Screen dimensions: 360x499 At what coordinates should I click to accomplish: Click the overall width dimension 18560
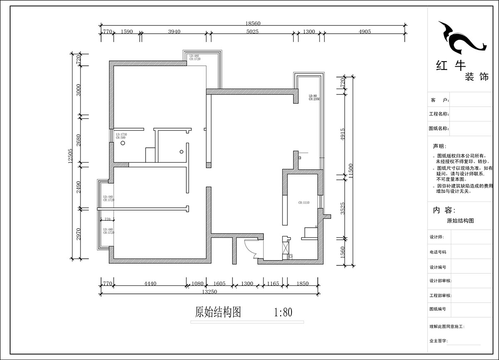pyautogui.click(x=253, y=24)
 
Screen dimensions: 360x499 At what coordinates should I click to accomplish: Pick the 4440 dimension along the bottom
pyautogui.click(x=150, y=284)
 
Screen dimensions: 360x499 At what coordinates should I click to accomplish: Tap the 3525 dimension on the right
pyautogui.click(x=343, y=208)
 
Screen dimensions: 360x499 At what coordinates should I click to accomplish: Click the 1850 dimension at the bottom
pyautogui.click(x=303, y=284)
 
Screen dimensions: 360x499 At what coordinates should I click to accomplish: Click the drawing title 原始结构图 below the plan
pyautogui.click(x=218, y=312)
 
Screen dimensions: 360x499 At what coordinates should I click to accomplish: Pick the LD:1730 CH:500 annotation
pyautogui.click(x=121, y=136)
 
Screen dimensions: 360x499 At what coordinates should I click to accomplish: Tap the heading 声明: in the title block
pyautogui.click(x=439, y=146)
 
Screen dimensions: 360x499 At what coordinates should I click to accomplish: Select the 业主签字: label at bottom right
pyautogui.click(x=439, y=341)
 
